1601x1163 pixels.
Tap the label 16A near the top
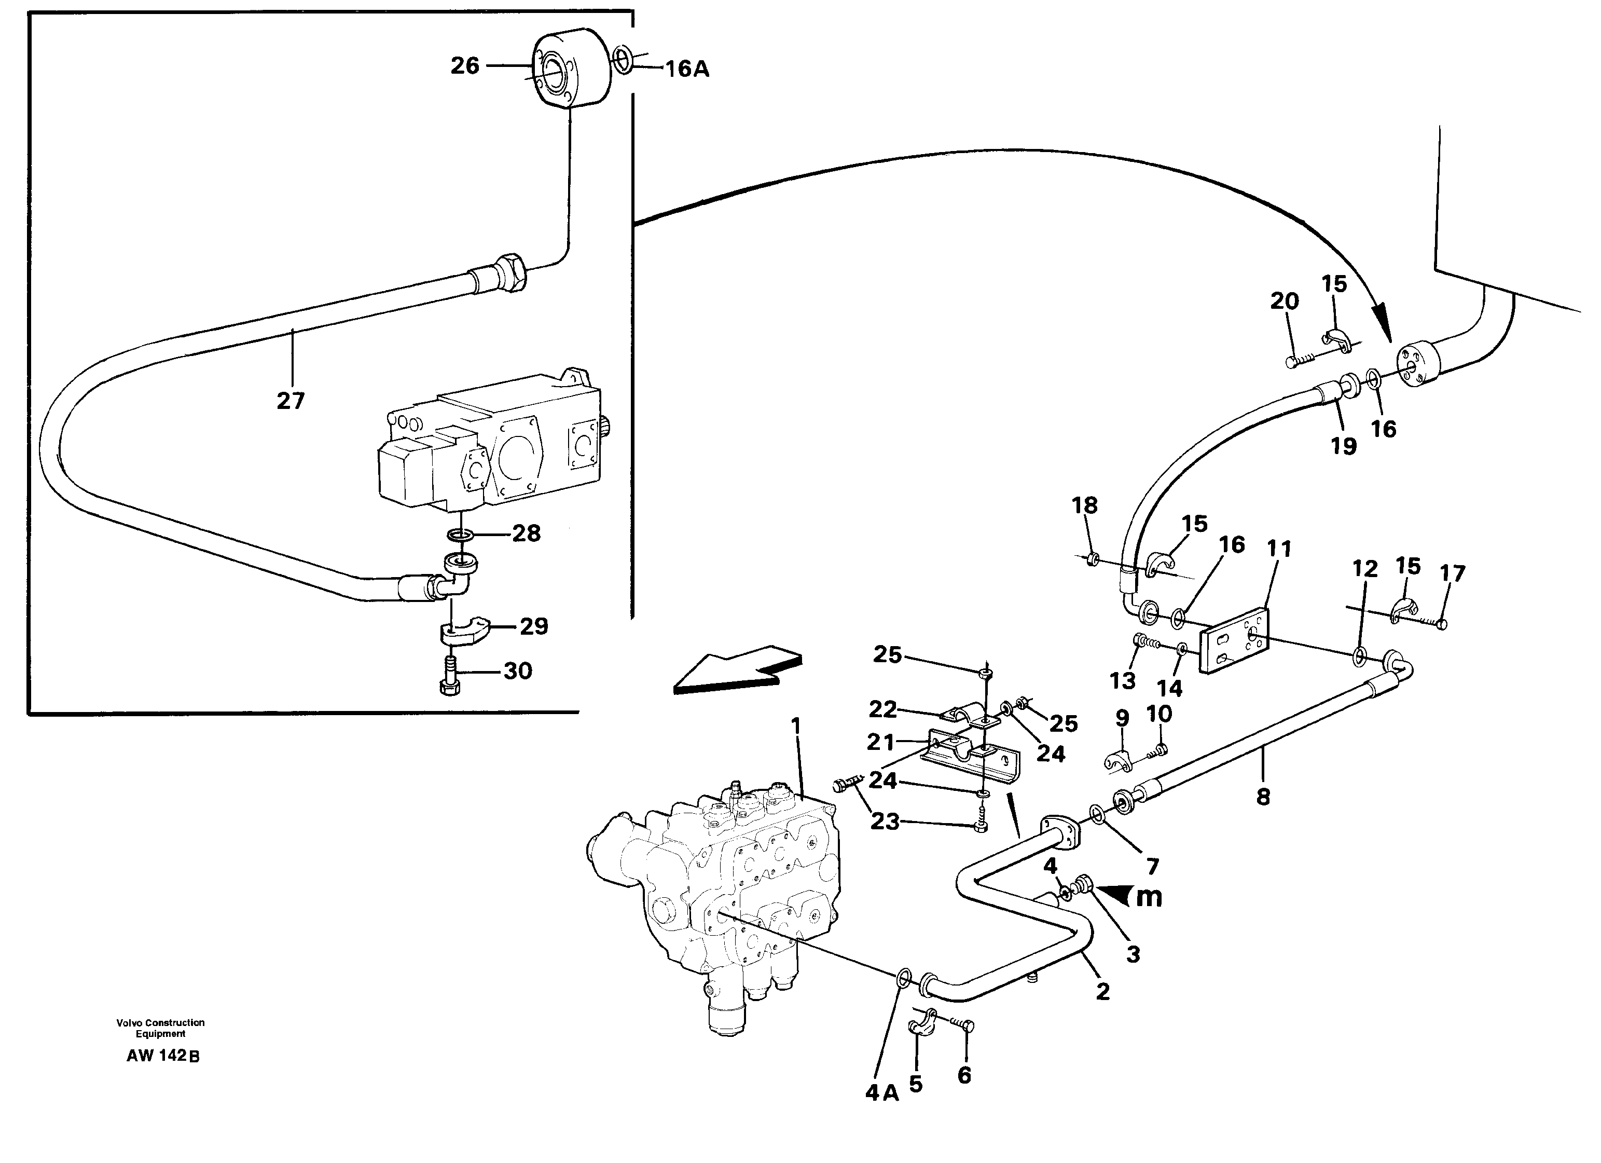[x=686, y=69]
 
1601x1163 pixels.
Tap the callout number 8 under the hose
[x=1263, y=797]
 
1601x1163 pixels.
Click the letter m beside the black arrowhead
[x=1149, y=896]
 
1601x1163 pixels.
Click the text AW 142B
[x=163, y=1057]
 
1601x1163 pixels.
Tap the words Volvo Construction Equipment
[x=160, y=1028]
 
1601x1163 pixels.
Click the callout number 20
[x=1284, y=301]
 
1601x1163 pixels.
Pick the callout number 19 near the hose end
[x=1343, y=446]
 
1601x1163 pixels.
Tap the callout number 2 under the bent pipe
[x=1102, y=992]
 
